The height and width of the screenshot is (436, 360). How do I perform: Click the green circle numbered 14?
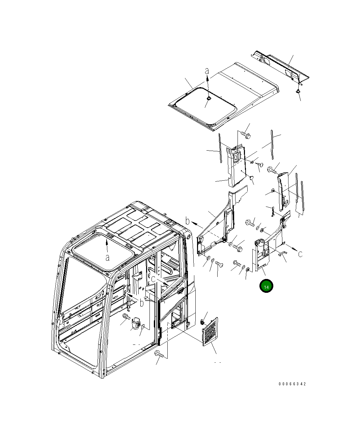point(266,286)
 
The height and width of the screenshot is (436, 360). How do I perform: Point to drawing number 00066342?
point(292,384)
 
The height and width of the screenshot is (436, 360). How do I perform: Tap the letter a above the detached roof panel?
point(207,71)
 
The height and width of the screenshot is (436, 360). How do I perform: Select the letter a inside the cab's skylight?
point(107,258)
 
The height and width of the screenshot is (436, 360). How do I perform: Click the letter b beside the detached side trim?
point(188,221)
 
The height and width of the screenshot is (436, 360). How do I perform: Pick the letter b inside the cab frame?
point(142,303)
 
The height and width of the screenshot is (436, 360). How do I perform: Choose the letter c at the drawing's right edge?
point(300,254)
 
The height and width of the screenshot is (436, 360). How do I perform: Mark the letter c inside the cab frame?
point(153,279)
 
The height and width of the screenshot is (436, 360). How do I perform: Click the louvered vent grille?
point(210,332)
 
